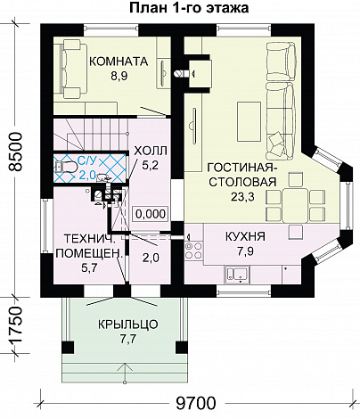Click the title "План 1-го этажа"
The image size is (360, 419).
(x=189, y=8)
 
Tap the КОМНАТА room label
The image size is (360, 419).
(x=119, y=62)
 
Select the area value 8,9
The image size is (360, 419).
(x=119, y=77)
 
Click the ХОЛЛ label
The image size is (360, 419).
(x=151, y=151)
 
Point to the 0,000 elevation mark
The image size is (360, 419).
(x=151, y=214)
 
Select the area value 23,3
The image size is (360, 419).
(x=242, y=196)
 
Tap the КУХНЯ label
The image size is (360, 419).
(x=245, y=237)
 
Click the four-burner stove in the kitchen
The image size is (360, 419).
(x=193, y=251)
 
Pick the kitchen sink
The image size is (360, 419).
(x=238, y=275)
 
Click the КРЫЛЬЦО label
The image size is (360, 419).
(x=128, y=325)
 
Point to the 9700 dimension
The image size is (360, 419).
(x=195, y=403)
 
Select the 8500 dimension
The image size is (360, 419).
(x=15, y=152)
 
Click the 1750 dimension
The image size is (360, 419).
(x=15, y=325)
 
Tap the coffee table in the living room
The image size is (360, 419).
(x=249, y=121)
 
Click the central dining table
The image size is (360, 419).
(x=294, y=206)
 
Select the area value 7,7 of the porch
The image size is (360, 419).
(x=128, y=339)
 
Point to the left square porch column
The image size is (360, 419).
(x=68, y=348)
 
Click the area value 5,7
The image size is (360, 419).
(x=89, y=268)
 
